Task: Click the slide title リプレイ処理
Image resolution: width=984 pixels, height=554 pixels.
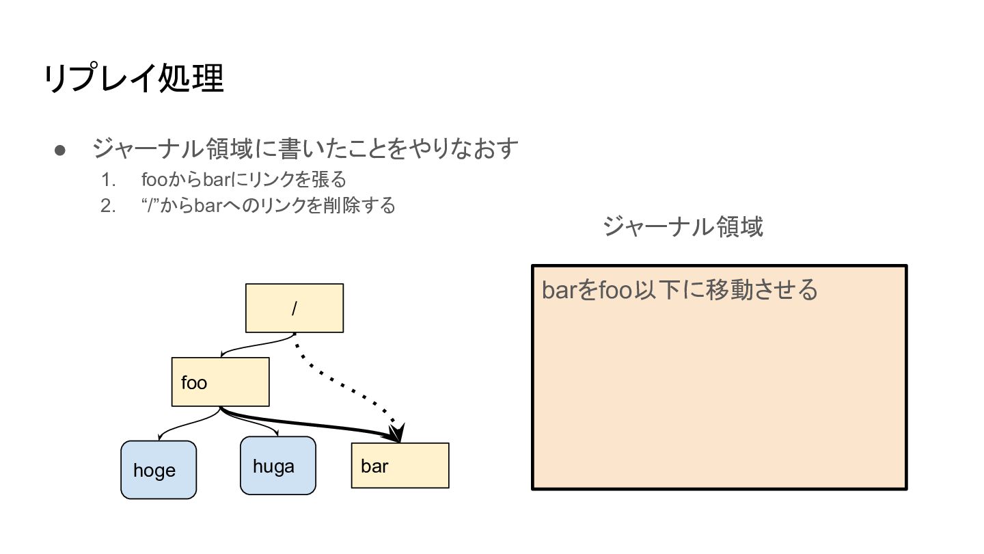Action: point(134,79)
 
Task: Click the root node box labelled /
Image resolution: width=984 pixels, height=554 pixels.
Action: point(294,308)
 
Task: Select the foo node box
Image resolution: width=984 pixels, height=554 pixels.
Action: point(220,382)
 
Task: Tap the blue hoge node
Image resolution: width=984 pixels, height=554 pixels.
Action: point(159,470)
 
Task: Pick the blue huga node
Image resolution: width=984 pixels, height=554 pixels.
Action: point(277,466)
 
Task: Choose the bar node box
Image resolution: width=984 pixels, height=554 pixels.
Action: point(400,466)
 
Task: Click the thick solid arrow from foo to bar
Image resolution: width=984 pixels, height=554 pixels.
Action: point(307,424)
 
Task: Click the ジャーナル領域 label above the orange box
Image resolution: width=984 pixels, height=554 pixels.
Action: point(683,226)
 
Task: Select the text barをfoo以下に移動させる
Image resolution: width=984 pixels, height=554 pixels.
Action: point(679,289)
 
